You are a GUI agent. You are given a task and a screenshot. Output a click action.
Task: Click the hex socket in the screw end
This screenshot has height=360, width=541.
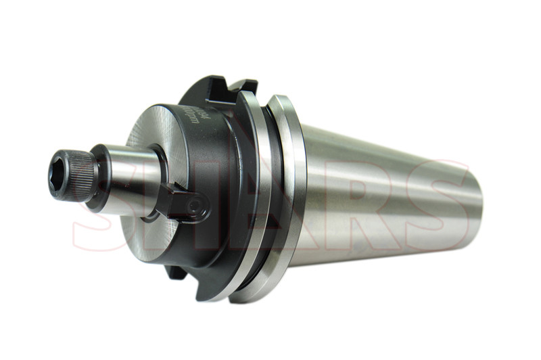click(x=60, y=174)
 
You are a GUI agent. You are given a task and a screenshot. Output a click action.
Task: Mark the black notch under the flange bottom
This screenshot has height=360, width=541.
click(x=177, y=273)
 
